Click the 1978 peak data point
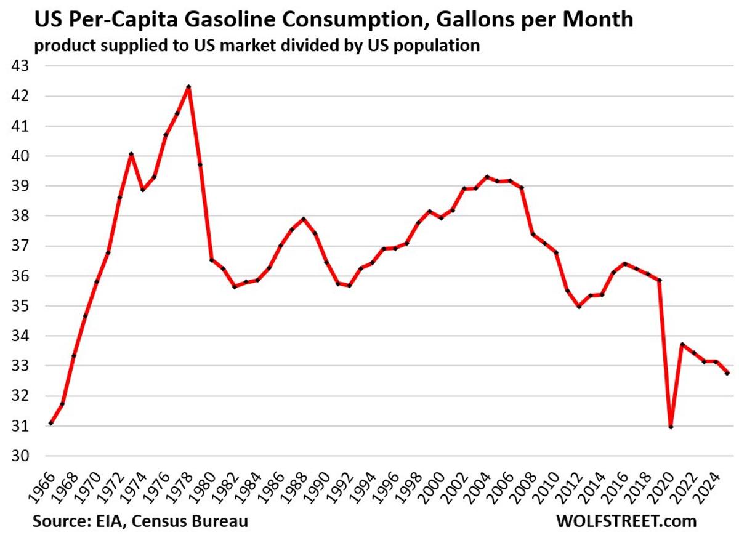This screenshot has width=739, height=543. (188, 87)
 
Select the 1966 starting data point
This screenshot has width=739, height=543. (50, 424)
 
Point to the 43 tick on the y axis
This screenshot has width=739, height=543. (20, 66)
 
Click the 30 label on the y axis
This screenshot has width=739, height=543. (20, 456)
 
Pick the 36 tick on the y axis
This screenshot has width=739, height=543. (20, 276)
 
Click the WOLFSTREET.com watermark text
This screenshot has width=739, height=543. (626, 521)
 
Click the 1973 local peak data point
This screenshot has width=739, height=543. (131, 154)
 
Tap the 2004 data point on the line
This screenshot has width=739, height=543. (487, 177)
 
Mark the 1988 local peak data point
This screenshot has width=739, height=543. (303, 219)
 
